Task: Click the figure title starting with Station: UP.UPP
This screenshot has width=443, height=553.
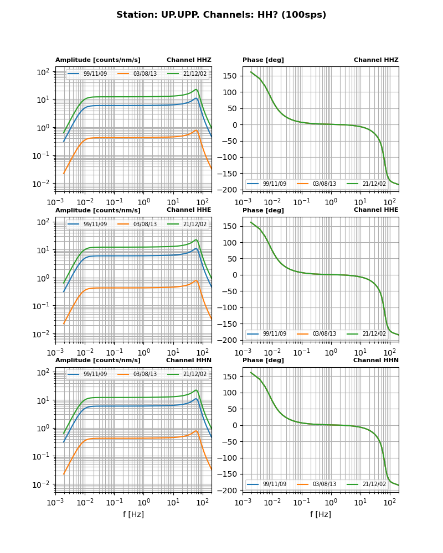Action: pyautogui.click(x=221, y=15)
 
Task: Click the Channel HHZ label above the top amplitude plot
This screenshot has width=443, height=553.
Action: pyautogui.click(x=189, y=60)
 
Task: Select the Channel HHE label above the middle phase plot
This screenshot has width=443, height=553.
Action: pyautogui.click(x=376, y=210)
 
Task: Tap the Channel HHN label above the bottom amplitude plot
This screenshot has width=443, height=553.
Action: pyautogui.click(x=189, y=361)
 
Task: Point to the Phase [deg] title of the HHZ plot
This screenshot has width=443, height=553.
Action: pyautogui.click(x=263, y=60)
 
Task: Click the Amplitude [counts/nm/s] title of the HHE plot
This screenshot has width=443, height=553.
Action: pyautogui.click(x=98, y=210)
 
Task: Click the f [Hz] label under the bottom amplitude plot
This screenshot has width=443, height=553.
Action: pyautogui.click(x=133, y=514)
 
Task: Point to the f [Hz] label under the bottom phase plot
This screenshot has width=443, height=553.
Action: pyautogui.click(x=321, y=514)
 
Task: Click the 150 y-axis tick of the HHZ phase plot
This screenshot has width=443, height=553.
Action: pyautogui.click(x=232, y=76)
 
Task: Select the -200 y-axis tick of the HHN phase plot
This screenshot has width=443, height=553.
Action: pyautogui.click(x=230, y=491)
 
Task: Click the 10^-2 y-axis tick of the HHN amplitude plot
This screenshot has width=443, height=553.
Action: pyautogui.click(x=43, y=484)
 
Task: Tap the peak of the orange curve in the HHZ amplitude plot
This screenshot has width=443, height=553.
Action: pyautogui.click(x=197, y=131)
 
